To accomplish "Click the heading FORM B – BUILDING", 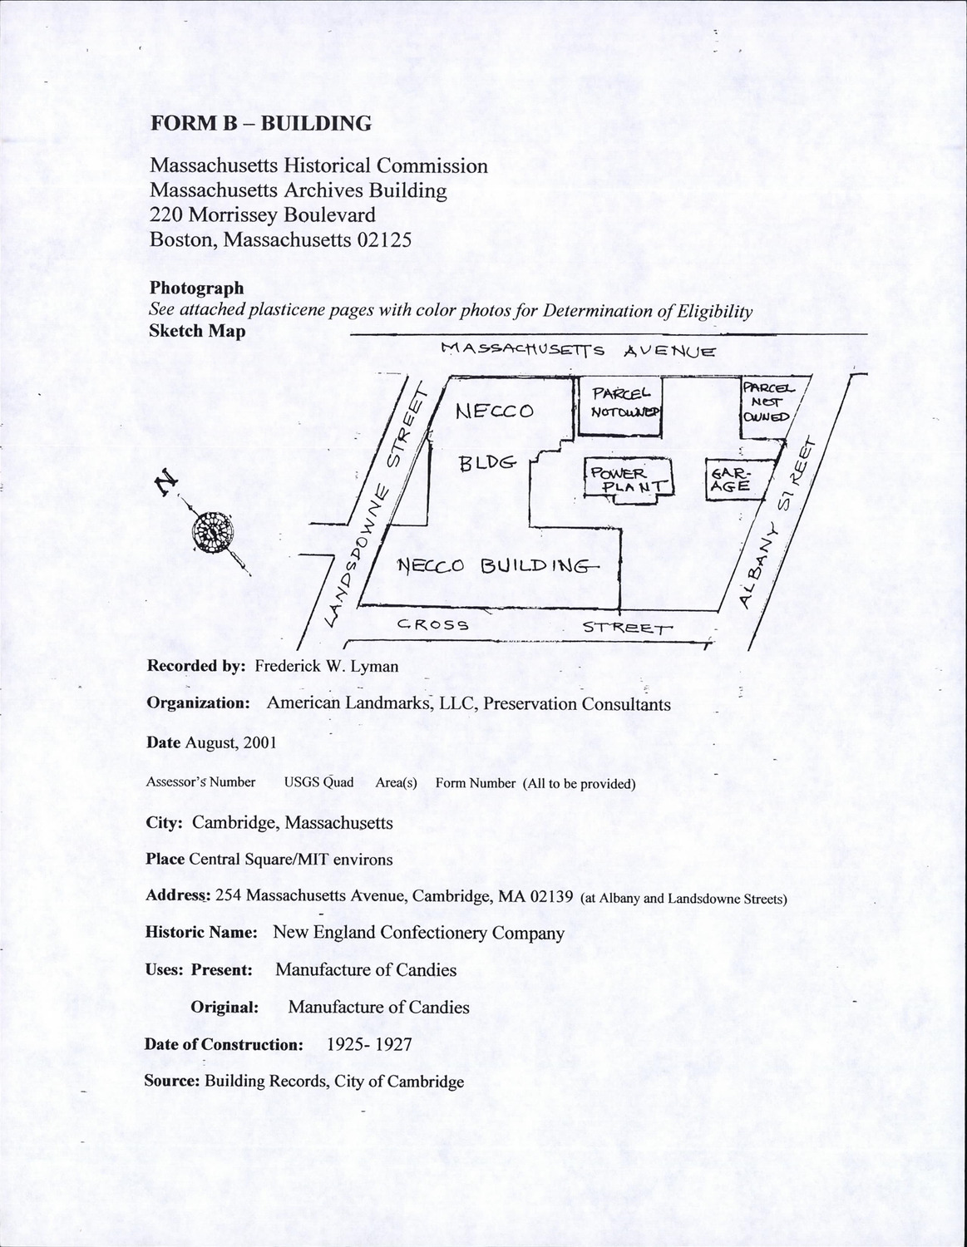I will tap(260, 124).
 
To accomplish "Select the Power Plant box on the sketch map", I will tap(628, 481).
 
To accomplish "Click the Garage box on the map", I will tap(732, 481).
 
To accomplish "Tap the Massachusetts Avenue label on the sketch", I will tap(579, 350).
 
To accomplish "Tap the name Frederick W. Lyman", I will tap(327, 667).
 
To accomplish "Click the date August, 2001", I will tap(230, 742).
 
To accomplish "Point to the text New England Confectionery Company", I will tap(418, 933).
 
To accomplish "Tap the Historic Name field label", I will tap(200, 933).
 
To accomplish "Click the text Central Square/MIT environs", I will tap(291, 860).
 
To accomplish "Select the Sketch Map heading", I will tap(197, 331).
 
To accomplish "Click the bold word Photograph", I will tap(197, 288).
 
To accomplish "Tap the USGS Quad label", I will tap(318, 783).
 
